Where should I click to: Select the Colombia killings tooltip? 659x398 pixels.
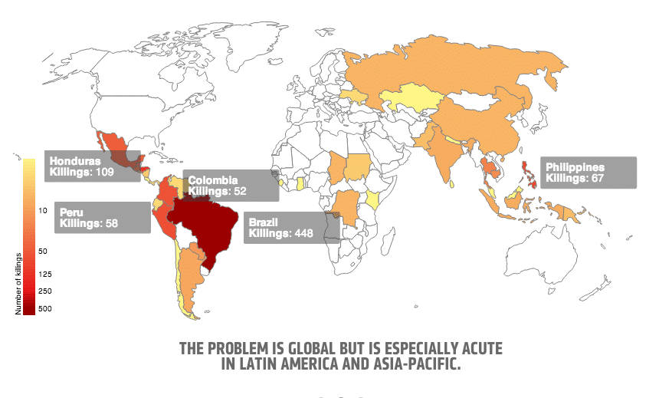coord(230,186)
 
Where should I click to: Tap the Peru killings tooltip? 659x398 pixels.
coord(102,217)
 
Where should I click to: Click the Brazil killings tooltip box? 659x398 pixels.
coord(291,227)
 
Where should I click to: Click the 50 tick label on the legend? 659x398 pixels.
coord(42,251)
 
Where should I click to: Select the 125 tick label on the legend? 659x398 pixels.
coord(44,274)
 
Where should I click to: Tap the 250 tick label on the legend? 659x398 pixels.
coord(44,291)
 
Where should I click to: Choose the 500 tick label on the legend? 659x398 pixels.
coord(44,308)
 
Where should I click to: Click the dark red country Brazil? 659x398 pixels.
coord(211,226)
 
